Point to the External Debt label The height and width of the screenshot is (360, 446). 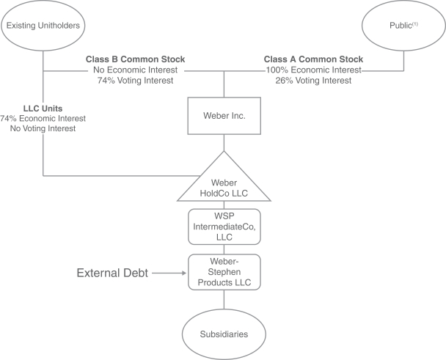(113, 273)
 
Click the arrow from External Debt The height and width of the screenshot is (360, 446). (169, 273)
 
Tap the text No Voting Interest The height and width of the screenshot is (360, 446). (43, 128)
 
